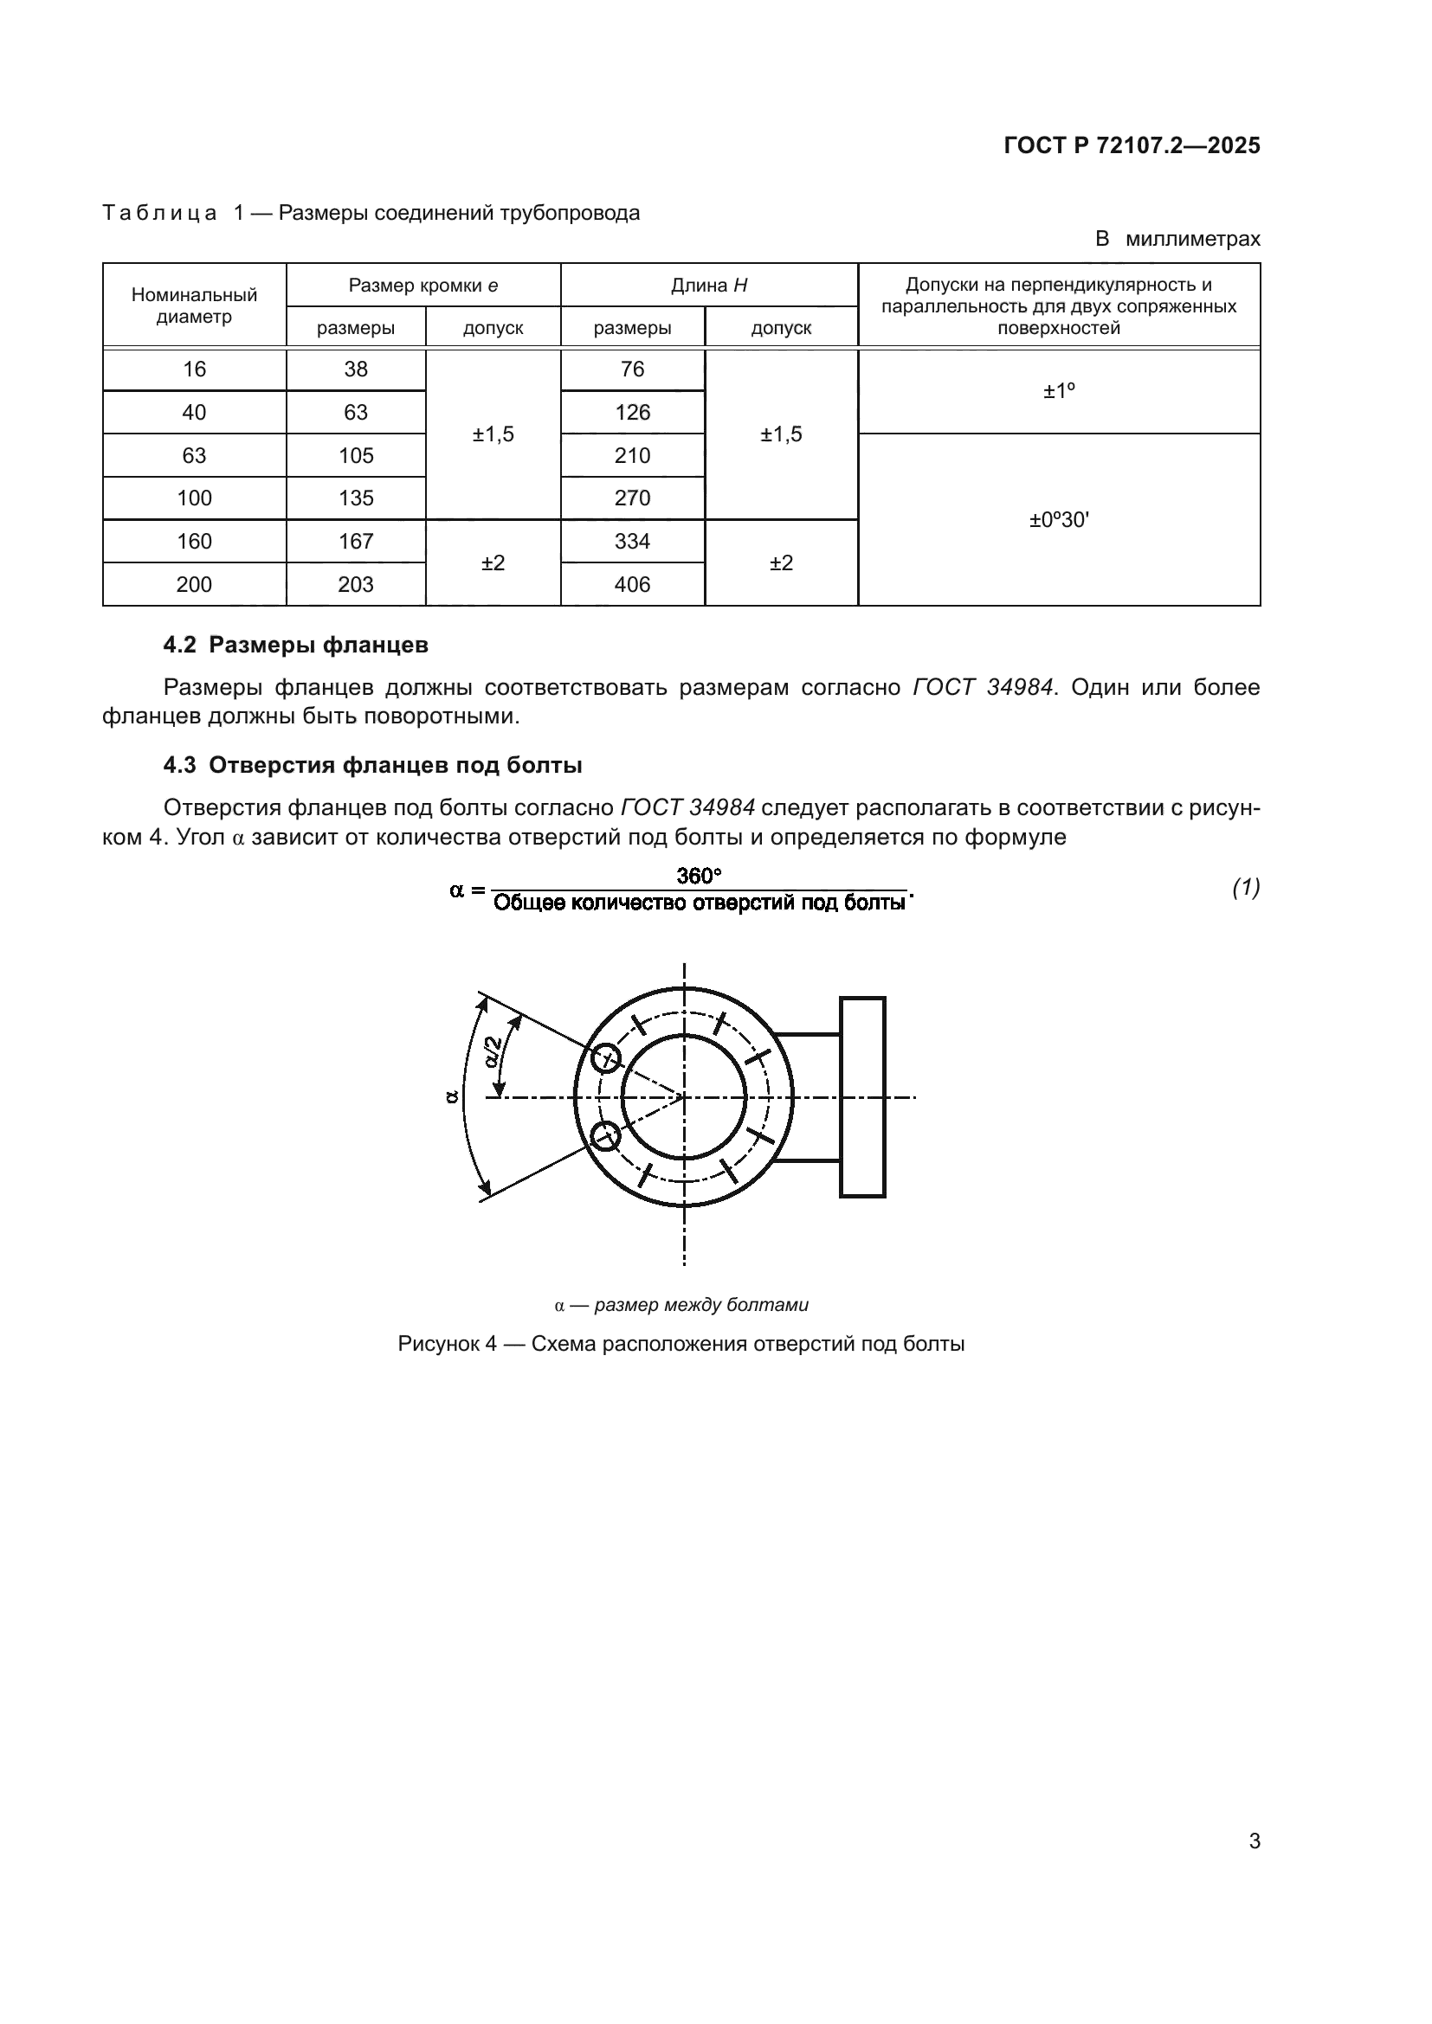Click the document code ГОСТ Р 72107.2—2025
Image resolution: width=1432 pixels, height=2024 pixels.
point(1132,145)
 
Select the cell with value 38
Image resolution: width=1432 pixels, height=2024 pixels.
point(355,369)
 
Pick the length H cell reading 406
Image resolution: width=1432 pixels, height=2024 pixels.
point(632,584)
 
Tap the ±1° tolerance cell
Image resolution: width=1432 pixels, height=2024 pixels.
point(1058,390)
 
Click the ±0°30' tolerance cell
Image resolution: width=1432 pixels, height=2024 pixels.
point(1058,520)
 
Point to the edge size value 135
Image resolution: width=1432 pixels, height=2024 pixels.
point(355,498)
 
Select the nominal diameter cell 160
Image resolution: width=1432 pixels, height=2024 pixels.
point(194,541)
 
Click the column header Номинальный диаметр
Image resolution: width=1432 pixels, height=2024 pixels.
point(194,305)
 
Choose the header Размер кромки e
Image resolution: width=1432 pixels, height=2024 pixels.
point(423,285)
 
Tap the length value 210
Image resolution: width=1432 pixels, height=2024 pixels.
point(632,456)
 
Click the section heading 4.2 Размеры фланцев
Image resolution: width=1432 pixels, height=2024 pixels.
point(295,645)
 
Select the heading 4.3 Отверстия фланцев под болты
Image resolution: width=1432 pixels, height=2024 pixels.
point(372,764)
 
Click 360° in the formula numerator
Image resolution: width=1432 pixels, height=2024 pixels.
point(699,876)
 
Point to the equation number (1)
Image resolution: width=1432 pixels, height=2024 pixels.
point(1245,887)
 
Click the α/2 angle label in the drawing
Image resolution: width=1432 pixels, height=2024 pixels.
point(494,1051)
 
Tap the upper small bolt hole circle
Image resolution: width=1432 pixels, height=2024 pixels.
point(606,1057)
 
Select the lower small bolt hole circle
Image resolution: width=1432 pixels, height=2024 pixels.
point(606,1136)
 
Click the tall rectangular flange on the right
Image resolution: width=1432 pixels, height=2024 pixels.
point(861,1096)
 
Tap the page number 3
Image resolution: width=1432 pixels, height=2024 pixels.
point(1254,1841)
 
